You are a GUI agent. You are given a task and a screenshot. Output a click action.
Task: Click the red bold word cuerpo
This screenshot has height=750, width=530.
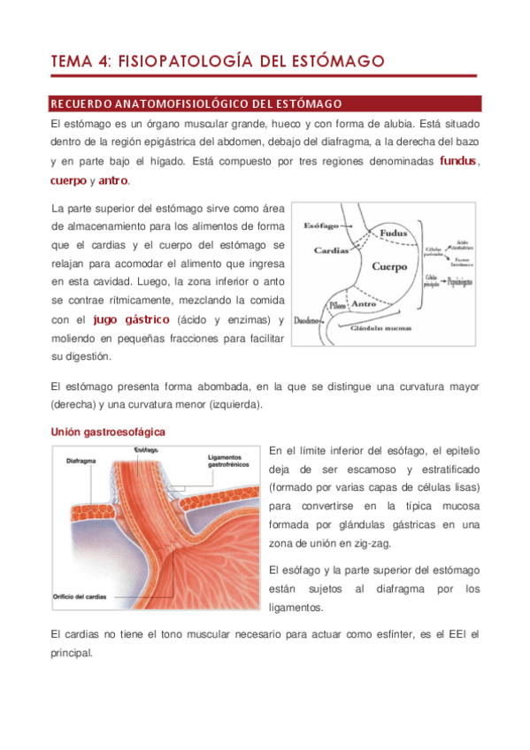point(69,181)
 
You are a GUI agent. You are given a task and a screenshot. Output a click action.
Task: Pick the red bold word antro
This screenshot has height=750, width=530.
point(113,181)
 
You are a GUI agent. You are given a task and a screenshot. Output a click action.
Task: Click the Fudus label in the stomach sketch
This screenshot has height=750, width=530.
point(393,234)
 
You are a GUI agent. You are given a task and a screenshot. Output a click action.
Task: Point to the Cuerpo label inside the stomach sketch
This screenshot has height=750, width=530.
point(389,265)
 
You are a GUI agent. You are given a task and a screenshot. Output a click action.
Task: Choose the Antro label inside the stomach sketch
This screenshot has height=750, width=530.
point(365,304)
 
